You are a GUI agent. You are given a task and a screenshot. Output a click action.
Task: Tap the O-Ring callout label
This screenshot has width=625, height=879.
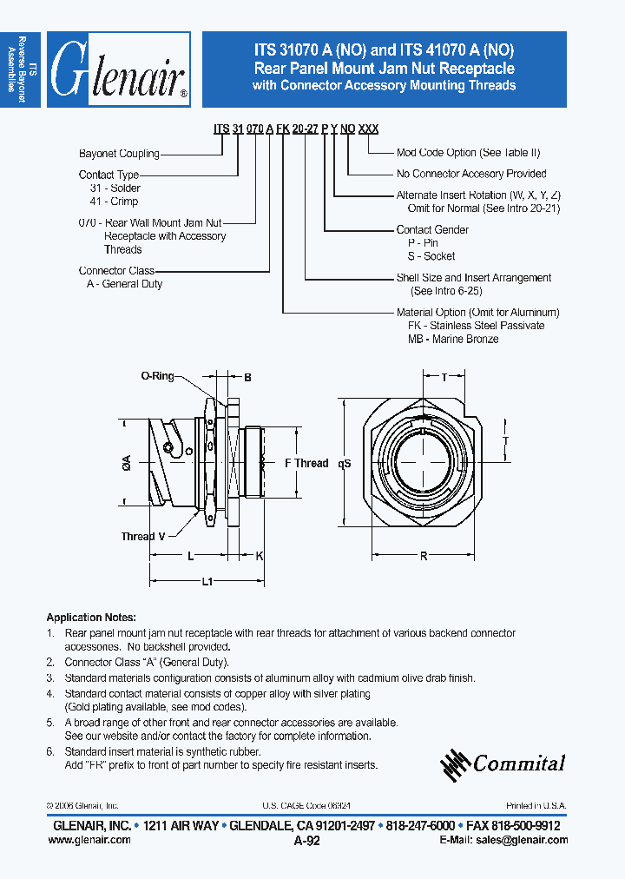pyautogui.click(x=157, y=376)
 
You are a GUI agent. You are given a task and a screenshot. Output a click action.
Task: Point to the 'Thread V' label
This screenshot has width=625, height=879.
pyautogui.click(x=143, y=536)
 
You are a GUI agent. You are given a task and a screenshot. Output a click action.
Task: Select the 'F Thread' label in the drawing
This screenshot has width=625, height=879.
pyautogui.click(x=306, y=463)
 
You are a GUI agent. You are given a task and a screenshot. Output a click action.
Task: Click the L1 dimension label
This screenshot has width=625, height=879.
pyautogui.click(x=207, y=582)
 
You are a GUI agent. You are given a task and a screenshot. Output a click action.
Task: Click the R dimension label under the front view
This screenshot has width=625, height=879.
pyautogui.click(x=424, y=556)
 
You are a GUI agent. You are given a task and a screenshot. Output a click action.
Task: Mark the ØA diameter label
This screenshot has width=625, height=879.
pyautogui.click(x=127, y=466)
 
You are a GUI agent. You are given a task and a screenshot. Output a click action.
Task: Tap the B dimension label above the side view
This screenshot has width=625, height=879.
pyautogui.click(x=247, y=378)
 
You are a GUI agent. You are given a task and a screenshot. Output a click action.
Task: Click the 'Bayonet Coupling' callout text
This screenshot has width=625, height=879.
pyautogui.click(x=119, y=154)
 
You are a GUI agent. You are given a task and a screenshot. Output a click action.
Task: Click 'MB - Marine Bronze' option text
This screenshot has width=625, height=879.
pyautogui.click(x=453, y=339)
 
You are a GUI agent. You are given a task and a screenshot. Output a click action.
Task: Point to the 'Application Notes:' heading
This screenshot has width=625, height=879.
pyautogui.click(x=91, y=618)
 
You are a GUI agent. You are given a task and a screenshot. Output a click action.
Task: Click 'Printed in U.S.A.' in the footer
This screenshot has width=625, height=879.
pyautogui.click(x=536, y=806)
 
